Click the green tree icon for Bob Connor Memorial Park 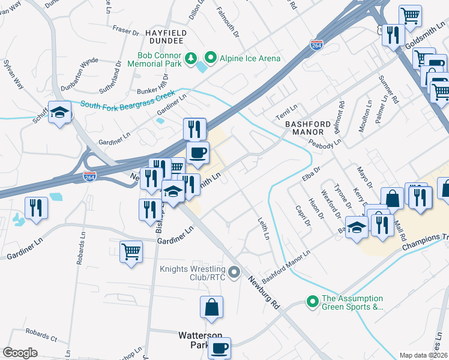(191, 58)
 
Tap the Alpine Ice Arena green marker (211, 58)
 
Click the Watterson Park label (200, 340)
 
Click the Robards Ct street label (42, 335)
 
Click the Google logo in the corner (20, 352)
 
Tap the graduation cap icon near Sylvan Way (60, 112)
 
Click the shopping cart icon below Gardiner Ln (131, 251)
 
